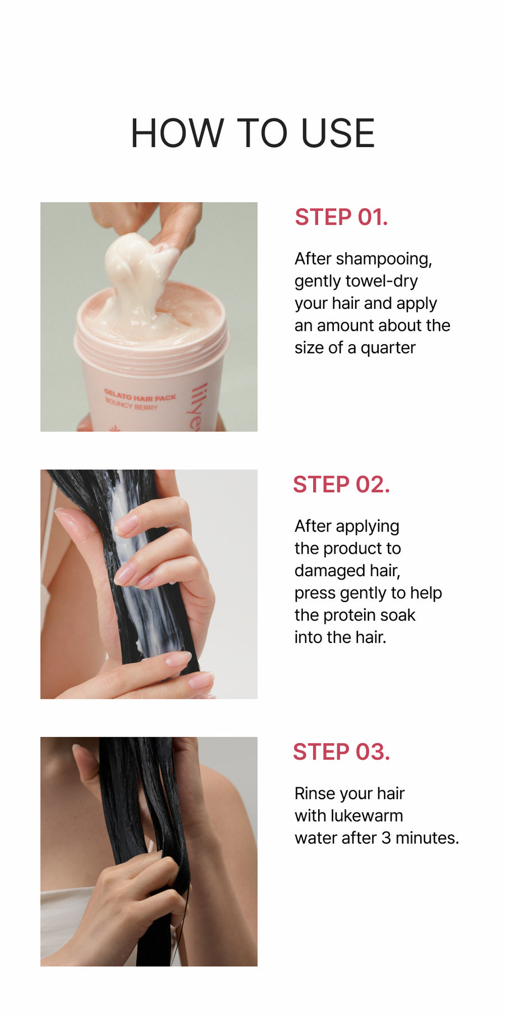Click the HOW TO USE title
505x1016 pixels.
(252, 134)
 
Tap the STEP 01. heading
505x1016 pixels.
(341, 217)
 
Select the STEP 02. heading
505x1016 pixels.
(341, 485)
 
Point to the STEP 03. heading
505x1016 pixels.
(341, 752)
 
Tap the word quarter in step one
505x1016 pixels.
(388, 348)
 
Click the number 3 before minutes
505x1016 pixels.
(386, 838)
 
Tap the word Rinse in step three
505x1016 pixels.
(314, 794)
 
